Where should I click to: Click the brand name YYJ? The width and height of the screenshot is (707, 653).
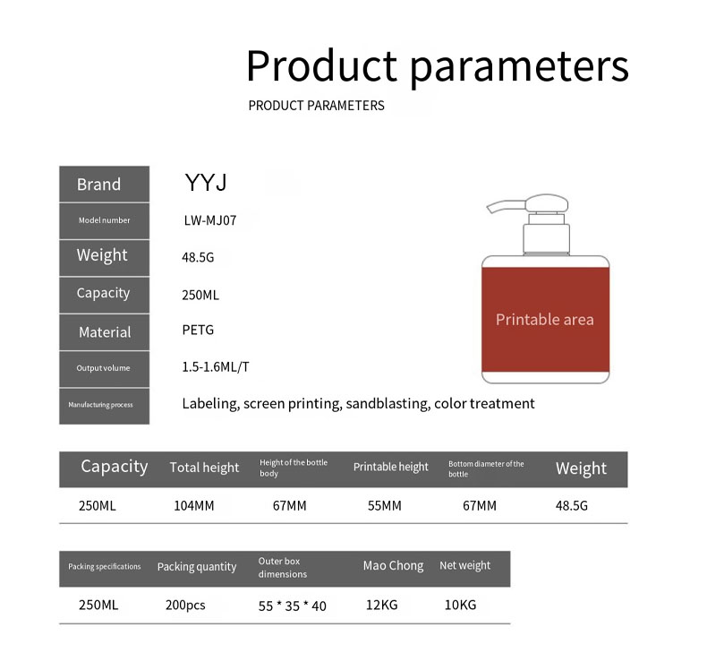click(x=206, y=184)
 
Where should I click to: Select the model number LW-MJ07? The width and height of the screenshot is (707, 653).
click(x=209, y=220)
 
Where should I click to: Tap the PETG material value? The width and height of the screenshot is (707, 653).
click(x=198, y=330)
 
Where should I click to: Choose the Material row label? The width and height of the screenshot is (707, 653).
click(x=104, y=332)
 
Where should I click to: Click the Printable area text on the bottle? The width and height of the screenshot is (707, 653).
click(x=544, y=320)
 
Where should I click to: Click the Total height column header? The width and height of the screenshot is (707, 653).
click(x=204, y=468)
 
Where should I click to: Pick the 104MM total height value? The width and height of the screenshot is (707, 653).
click(x=193, y=505)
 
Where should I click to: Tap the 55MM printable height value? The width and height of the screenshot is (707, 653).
click(x=385, y=505)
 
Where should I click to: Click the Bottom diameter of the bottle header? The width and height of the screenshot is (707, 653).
click(x=486, y=468)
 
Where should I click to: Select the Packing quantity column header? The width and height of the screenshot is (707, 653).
click(x=197, y=567)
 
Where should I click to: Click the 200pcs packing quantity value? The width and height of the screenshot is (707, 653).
click(x=185, y=605)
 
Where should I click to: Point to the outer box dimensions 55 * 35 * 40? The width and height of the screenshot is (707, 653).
click(x=293, y=606)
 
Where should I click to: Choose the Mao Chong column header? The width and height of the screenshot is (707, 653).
click(x=393, y=566)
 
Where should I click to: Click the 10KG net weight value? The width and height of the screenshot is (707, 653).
click(x=460, y=605)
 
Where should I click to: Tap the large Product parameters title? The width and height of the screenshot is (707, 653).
click(x=437, y=66)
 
